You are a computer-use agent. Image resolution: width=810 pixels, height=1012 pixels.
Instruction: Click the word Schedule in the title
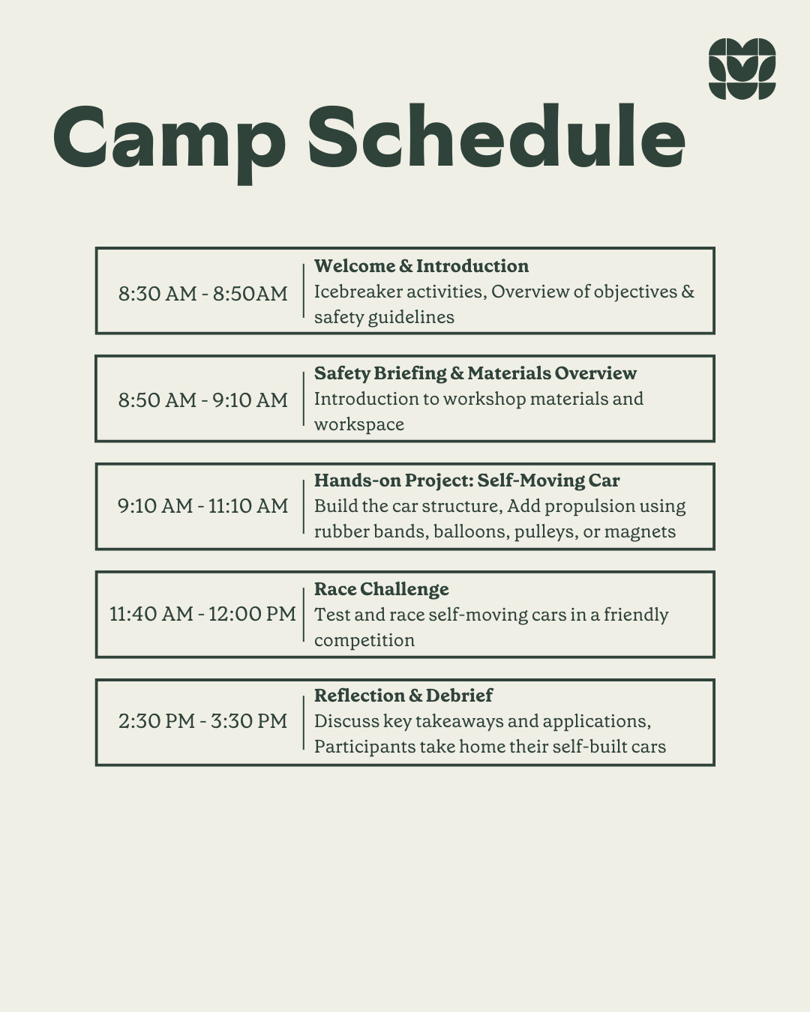496,136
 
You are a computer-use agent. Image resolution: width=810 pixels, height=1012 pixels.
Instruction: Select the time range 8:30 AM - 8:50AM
202,293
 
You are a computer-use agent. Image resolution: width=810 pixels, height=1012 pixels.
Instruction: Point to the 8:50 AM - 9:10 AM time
202,400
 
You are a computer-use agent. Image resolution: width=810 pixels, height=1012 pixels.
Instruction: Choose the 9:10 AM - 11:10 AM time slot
202,506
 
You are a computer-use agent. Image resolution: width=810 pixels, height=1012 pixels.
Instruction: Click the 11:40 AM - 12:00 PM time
202,614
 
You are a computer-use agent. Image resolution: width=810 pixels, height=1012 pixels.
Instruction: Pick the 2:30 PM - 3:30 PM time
202,721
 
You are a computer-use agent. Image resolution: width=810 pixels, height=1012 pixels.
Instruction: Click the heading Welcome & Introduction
421,266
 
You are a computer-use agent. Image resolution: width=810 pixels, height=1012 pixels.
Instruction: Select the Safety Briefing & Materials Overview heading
475,373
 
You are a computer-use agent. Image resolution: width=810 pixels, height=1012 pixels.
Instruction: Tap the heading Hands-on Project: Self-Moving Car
467,481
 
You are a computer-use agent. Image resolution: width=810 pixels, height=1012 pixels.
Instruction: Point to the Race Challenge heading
381,589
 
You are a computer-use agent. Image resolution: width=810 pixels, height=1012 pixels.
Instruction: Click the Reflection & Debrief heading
403,696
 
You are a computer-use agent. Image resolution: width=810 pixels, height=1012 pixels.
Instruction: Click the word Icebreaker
358,292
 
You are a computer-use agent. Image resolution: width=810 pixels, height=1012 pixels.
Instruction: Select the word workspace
359,425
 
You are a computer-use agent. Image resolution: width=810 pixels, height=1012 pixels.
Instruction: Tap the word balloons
472,532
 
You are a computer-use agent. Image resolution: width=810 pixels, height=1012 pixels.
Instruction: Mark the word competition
364,640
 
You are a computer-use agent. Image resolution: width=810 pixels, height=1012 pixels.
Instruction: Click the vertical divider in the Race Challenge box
304,614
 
